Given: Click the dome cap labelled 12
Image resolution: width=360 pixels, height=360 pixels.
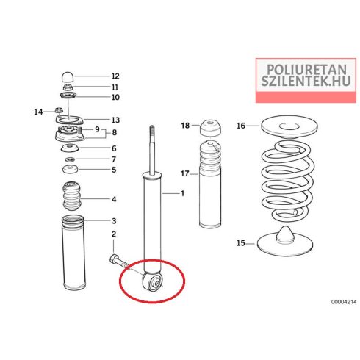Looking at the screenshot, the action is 68,76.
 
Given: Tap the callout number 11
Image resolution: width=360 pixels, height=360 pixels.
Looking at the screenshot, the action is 115,87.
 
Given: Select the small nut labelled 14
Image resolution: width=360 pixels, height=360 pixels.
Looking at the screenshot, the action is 58,110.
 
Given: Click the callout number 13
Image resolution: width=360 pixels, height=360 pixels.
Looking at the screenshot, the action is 115,120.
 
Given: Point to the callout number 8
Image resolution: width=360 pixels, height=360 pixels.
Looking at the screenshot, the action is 115,132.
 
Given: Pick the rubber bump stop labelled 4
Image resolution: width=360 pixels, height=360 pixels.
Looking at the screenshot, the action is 71,196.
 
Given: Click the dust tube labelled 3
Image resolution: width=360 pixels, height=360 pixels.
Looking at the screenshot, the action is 73,252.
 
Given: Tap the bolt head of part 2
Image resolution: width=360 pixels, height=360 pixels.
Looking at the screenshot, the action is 114,259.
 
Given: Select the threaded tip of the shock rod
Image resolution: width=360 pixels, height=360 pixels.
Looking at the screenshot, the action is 152,130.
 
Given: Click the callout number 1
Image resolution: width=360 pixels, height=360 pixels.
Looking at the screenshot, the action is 182,193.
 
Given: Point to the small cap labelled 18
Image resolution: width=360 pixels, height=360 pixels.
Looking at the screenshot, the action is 210,128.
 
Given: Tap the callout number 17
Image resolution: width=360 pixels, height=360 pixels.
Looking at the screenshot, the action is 185,173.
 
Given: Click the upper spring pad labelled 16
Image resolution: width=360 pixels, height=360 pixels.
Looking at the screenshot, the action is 289,126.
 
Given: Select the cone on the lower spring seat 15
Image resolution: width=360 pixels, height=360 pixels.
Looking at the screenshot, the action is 285,234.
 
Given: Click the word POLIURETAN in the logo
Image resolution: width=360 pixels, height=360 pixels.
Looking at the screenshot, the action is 306,70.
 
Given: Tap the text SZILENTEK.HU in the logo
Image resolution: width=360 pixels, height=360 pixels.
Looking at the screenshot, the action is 306,81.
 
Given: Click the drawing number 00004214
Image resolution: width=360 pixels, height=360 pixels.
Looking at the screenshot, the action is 344,302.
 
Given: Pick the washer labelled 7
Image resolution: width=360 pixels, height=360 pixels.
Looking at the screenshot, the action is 70,160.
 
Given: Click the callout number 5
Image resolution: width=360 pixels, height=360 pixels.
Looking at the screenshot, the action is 114,170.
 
